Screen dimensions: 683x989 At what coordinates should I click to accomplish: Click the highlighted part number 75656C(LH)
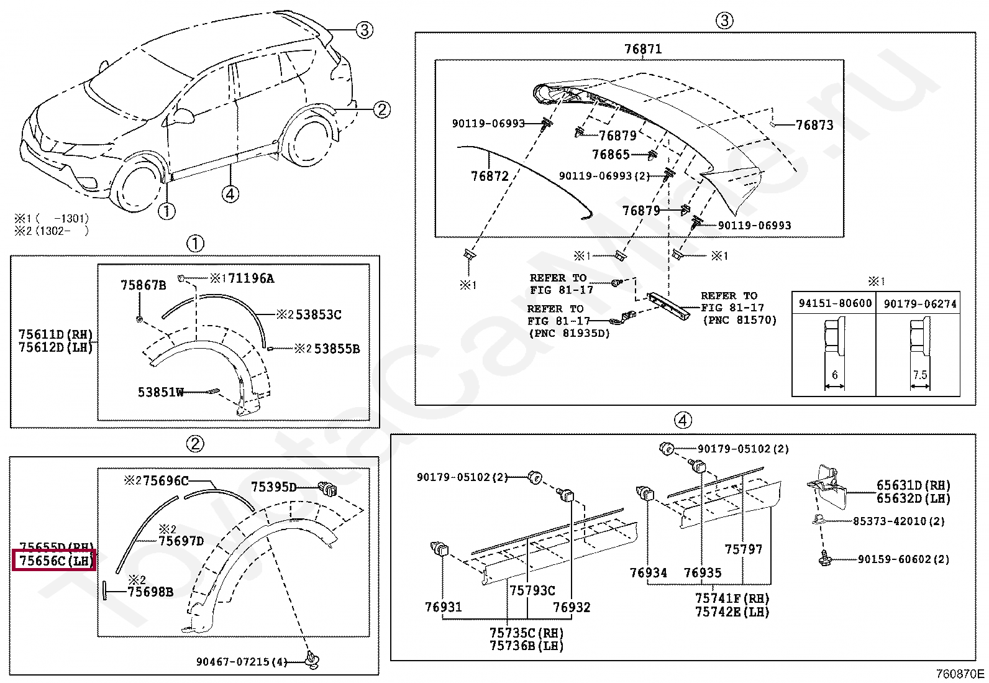click(x=55, y=561)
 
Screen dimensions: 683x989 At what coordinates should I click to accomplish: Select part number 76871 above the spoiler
click(x=642, y=49)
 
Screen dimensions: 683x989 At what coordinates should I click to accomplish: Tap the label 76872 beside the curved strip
click(x=490, y=176)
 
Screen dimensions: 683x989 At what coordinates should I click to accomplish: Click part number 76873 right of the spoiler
click(x=814, y=125)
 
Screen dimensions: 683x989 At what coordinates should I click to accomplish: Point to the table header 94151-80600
click(x=834, y=303)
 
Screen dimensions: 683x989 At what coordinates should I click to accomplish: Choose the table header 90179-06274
click(x=919, y=303)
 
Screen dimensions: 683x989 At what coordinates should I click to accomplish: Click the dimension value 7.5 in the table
click(x=920, y=375)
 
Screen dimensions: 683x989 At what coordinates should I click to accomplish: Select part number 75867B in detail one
click(x=143, y=285)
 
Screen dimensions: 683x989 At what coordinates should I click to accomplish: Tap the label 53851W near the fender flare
click(x=161, y=392)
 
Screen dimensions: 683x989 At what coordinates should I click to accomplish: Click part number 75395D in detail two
click(x=274, y=487)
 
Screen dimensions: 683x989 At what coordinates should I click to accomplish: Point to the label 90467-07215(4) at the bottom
click(x=242, y=662)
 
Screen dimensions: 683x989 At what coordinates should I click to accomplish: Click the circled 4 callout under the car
click(x=230, y=195)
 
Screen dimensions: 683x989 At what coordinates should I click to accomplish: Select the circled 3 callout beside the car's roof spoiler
click(x=364, y=29)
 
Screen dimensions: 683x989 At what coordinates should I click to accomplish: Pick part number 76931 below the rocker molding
click(x=443, y=607)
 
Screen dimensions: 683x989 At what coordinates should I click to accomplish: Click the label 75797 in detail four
click(x=743, y=549)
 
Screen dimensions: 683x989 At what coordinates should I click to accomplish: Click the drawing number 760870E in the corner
click(x=960, y=674)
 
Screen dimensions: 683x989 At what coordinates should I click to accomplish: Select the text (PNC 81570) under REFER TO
click(x=739, y=320)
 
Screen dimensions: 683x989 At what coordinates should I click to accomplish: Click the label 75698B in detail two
click(x=150, y=592)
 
